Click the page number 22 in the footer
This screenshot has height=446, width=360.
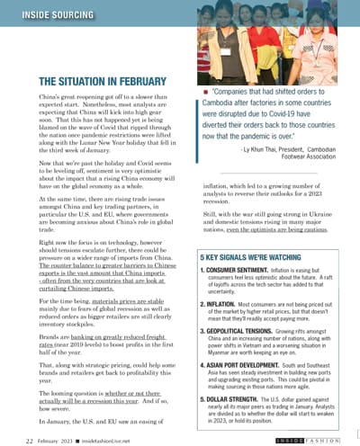point(30,441)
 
